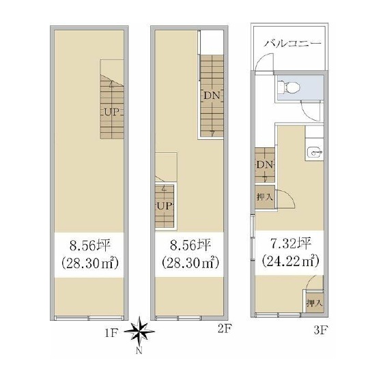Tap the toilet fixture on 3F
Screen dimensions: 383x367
click(x=289, y=88)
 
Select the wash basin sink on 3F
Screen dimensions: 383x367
click(x=315, y=153)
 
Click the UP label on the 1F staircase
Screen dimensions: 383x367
click(x=112, y=113)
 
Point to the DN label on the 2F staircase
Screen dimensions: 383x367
click(x=212, y=96)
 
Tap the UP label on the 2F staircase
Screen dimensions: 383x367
click(x=165, y=206)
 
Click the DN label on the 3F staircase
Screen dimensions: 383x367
click(x=264, y=165)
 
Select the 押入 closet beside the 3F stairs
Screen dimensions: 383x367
click(x=265, y=197)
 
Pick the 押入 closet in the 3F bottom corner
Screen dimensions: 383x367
click(x=315, y=303)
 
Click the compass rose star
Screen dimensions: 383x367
click(x=139, y=332)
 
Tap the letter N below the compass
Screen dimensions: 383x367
click(x=139, y=351)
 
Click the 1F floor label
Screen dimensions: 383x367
click(x=111, y=333)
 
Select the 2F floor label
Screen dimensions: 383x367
click(x=225, y=329)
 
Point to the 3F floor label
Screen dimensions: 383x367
click(x=320, y=330)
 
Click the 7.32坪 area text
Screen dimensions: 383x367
click(x=291, y=244)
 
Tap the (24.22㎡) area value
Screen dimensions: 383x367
click(x=291, y=261)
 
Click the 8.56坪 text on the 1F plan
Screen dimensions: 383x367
click(x=89, y=246)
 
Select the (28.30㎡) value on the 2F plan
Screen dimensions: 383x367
click(x=190, y=263)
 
